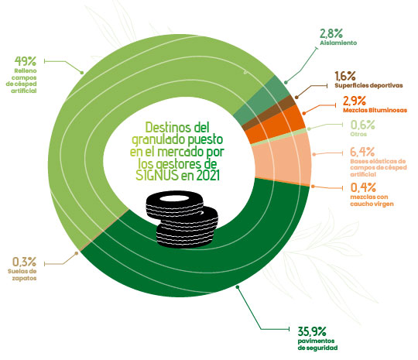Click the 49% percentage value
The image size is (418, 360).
point(25,61)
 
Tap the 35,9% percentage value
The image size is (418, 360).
point(312,331)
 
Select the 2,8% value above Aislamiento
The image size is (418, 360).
point(331,33)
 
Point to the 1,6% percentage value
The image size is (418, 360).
point(345,76)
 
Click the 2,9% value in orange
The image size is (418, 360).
point(355,101)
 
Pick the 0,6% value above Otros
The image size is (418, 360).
point(362,125)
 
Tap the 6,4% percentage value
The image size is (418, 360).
point(362,152)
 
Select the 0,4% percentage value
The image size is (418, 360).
point(363,187)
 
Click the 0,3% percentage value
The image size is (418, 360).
point(24,262)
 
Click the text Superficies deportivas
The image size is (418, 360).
point(368,86)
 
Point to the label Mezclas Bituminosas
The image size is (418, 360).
point(375,110)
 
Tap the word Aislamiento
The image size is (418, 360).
point(338,43)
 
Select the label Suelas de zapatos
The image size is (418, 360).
point(22,275)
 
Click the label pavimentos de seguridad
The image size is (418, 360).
point(317,345)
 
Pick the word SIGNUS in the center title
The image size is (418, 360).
point(156,176)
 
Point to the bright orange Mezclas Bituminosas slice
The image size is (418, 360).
point(275,125)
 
